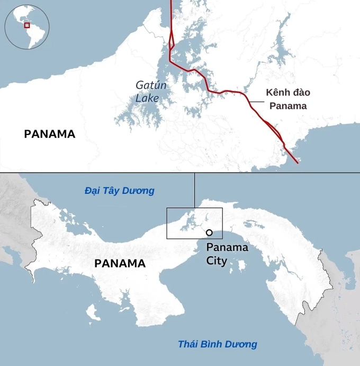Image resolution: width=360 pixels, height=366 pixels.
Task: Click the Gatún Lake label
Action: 147,92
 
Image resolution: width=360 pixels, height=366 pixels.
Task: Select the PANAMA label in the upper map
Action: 50,134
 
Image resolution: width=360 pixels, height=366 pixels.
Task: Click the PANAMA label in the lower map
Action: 120,263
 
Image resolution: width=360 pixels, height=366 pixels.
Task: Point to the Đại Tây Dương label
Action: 120,191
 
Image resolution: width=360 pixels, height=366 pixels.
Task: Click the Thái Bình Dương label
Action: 218,344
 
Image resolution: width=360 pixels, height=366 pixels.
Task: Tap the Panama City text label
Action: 227,254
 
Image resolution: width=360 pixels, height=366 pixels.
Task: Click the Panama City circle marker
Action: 209,233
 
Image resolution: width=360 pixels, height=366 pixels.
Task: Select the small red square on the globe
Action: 27,25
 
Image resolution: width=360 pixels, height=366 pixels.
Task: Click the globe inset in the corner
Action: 27,25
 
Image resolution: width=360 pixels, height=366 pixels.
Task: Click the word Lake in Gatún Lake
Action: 147,99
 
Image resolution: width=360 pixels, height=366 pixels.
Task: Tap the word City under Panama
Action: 217,261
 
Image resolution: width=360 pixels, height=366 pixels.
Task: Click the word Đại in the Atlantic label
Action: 93,191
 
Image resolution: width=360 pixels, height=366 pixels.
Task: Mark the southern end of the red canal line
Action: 297,163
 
